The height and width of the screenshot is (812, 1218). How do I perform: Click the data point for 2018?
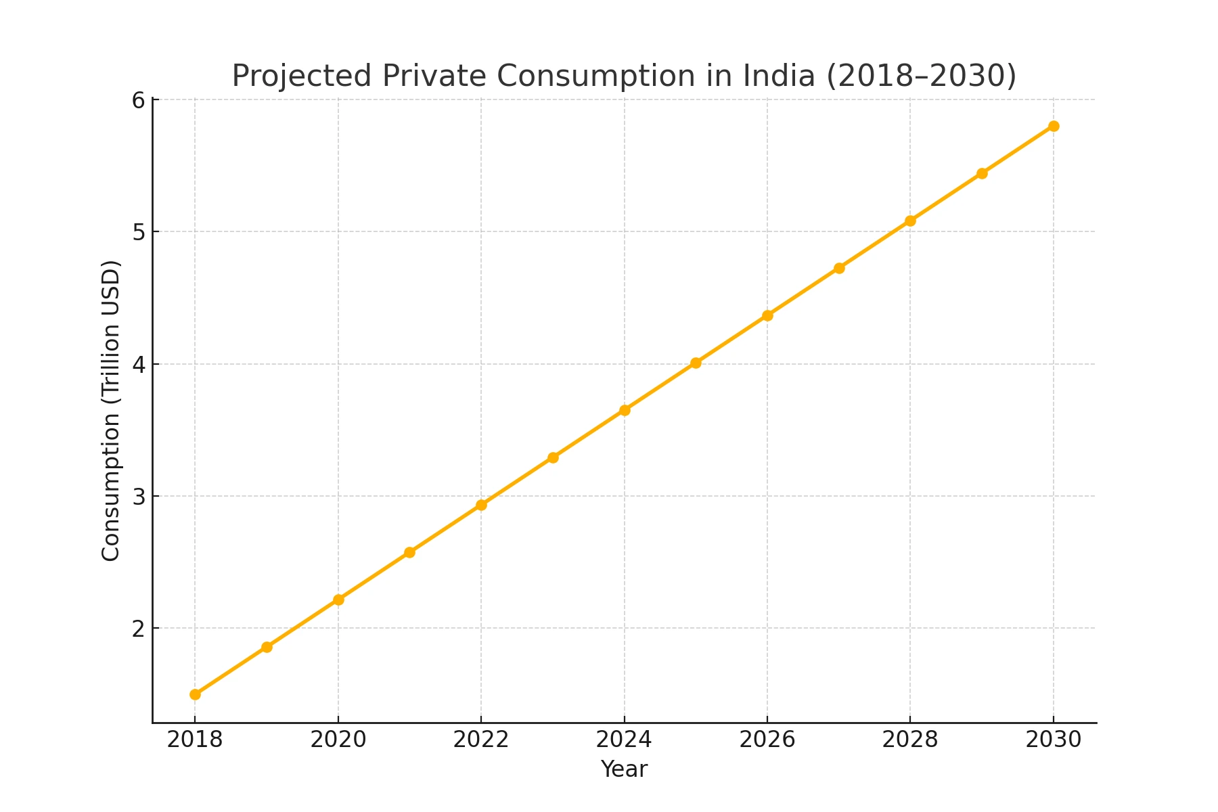[x=195, y=694]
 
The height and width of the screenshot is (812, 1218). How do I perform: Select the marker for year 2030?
[x=1054, y=127]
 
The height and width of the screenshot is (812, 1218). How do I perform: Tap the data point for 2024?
[x=625, y=410]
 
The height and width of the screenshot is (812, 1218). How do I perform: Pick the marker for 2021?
[x=409, y=552]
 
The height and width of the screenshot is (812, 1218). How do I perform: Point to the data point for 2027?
[x=839, y=268]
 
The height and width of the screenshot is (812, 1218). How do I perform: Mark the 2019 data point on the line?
[x=267, y=647]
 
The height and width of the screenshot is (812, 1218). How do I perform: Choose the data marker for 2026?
[x=767, y=315]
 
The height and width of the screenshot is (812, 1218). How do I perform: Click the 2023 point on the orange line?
[x=553, y=457]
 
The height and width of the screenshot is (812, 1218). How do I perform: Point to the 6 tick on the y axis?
[x=138, y=100]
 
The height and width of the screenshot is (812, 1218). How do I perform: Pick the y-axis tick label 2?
[x=138, y=629]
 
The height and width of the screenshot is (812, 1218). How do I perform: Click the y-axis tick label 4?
[x=138, y=365]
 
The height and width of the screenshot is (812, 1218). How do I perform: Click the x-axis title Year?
[x=624, y=769]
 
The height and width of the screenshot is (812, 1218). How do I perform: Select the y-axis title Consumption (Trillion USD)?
[x=111, y=410]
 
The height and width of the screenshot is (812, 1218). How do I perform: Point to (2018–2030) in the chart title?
[x=921, y=76]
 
